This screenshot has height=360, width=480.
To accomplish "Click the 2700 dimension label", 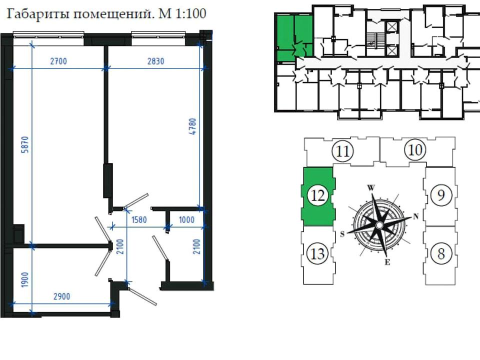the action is pyautogui.click(x=58, y=61).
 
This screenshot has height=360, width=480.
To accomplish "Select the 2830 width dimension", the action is pyautogui.click(x=156, y=61).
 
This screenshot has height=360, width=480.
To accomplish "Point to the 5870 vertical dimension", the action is pyautogui.click(x=25, y=144).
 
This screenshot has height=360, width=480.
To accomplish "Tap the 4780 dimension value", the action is pyautogui.click(x=192, y=126).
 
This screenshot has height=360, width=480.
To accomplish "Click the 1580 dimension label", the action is pyautogui.click(x=139, y=220).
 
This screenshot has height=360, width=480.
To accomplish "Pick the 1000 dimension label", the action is pyautogui.click(x=186, y=220).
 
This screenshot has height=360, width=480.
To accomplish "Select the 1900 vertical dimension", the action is pyautogui.click(x=25, y=279).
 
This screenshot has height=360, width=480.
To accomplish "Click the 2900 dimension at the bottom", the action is pyautogui.click(x=62, y=296).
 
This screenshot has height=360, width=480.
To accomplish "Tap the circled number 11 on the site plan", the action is pyautogui.click(x=342, y=151).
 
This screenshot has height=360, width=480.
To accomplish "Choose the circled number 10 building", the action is pyautogui.click(x=415, y=150).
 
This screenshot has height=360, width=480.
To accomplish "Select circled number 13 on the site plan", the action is pyautogui.click(x=317, y=253).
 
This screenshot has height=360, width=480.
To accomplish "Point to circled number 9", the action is pyautogui.click(x=441, y=194).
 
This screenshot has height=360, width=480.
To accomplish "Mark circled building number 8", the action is pyautogui.click(x=441, y=253).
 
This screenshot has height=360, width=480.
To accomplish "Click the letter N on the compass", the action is pyautogui.click(x=415, y=216).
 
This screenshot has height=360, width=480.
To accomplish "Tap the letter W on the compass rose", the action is pyautogui.click(x=371, y=187).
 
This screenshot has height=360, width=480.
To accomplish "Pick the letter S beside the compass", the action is pyautogui.click(x=342, y=234).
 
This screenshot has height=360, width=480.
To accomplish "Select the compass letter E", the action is pyautogui.click(x=387, y=262).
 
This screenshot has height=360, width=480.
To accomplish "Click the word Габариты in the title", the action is pyautogui.click(x=37, y=14).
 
